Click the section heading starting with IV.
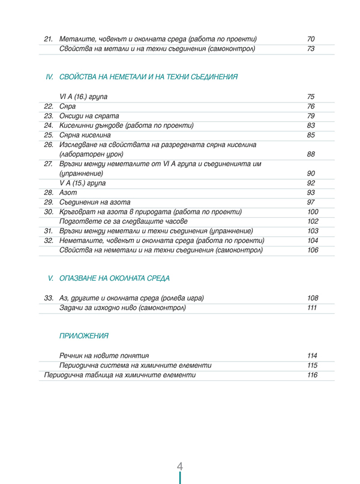142,77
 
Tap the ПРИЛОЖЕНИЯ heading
84,336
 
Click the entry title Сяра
67,106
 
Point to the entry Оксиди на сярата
89,116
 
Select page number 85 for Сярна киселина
311,135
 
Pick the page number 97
311,202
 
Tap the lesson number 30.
49,212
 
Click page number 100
313,212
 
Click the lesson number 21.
49,39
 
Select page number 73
311,49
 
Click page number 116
312,375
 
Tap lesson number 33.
49,298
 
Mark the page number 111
312,308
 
